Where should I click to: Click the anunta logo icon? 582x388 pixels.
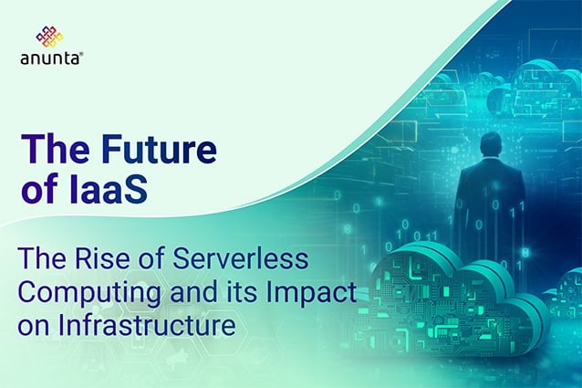48,37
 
